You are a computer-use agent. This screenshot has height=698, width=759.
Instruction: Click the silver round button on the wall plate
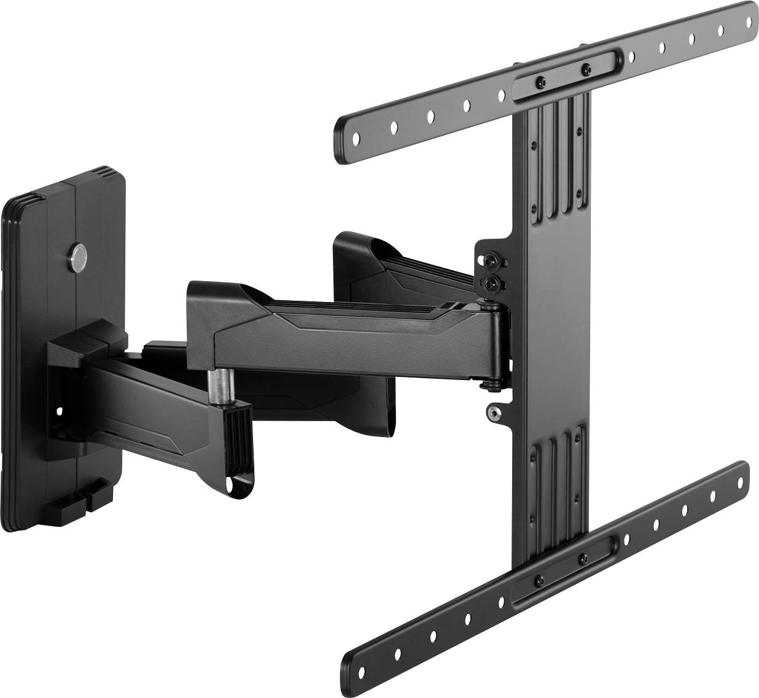[80, 254]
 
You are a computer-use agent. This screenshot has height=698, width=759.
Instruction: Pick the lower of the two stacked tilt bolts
[491, 283]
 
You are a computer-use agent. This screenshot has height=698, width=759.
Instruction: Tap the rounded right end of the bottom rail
[744, 473]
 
